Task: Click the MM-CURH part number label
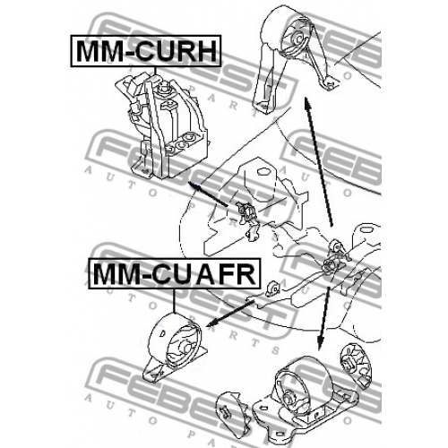pyautogui.click(x=146, y=51)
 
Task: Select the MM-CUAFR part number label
pyautogui.click(x=175, y=274)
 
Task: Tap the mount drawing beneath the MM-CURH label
pyautogui.click(x=160, y=127)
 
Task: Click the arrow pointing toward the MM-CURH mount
pyautogui.click(x=208, y=194)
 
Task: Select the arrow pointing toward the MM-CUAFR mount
pyautogui.click(x=230, y=314)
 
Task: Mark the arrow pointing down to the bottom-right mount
pyautogui.click(x=324, y=318)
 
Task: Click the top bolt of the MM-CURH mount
pyautogui.click(x=163, y=89)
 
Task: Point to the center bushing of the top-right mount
pyautogui.click(x=297, y=38)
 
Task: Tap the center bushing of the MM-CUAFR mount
pyautogui.click(x=186, y=349)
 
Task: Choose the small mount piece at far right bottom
pyautogui.click(x=356, y=366)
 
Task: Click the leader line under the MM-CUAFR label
pyautogui.click(x=174, y=301)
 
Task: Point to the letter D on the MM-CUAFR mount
pyautogui.click(x=163, y=332)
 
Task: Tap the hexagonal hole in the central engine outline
pyautogui.click(x=263, y=172)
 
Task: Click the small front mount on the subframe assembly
pyautogui.click(x=272, y=289)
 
